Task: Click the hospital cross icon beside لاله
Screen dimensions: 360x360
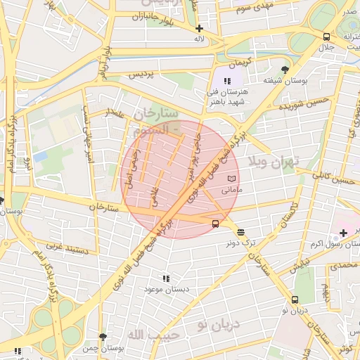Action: point(200,29)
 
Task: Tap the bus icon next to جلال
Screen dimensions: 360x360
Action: point(326,37)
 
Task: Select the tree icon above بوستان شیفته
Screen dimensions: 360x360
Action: point(284,69)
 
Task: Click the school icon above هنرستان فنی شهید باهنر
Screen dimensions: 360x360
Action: point(227,82)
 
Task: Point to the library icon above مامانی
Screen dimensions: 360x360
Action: point(231,180)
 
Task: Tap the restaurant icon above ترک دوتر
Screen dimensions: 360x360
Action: point(241,232)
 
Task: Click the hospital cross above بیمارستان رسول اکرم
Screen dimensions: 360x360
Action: point(342,232)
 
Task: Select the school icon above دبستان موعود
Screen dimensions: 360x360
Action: point(165,278)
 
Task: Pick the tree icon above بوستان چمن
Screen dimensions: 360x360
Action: point(103,337)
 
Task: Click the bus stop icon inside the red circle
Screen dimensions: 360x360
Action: point(214,224)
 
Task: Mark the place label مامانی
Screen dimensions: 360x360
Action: point(231,191)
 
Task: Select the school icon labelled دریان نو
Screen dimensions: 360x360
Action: point(285,298)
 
